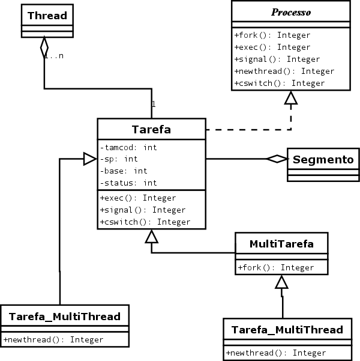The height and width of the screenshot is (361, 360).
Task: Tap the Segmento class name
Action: point(323,160)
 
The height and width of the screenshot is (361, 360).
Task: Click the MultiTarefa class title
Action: point(281,244)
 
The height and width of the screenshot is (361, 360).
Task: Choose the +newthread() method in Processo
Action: point(284,71)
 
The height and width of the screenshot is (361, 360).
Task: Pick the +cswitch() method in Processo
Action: point(279,83)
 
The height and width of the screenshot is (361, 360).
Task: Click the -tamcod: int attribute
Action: point(128,147)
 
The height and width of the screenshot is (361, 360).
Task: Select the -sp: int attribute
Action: point(119,159)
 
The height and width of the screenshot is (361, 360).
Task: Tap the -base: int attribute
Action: point(124,171)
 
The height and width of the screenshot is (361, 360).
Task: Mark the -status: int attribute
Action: point(128,183)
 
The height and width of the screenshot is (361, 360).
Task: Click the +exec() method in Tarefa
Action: point(138,198)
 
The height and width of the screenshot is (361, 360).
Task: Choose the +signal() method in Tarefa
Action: point(143,210)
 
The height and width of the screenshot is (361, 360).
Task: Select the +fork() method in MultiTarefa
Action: point(275,268)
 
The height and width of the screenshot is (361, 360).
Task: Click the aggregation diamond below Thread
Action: point(44,47)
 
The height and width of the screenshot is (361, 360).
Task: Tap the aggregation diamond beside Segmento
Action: point(277,159)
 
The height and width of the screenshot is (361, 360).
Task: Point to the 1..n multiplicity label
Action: point(54,55)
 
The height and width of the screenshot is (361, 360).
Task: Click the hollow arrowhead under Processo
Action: point(290,99)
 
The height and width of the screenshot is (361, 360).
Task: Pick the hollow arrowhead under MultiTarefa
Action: point(281,282)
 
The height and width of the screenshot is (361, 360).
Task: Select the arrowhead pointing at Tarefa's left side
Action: point(90,159)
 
